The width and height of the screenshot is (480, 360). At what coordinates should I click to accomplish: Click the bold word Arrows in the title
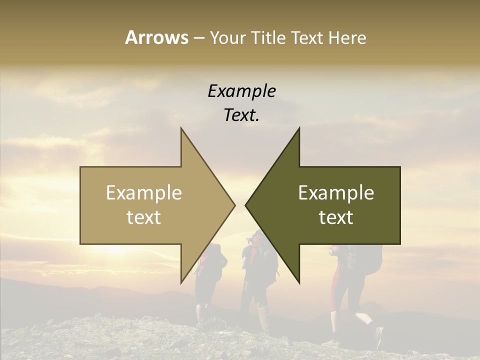point(156,37)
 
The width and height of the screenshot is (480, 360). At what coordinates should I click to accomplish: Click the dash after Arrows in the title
point(198,38)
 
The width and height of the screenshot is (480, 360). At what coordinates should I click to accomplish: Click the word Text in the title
point(306,37)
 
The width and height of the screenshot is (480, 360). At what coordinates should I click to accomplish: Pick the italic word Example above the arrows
point(241,91)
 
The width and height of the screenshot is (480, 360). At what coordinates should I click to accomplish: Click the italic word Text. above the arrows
point(241,115)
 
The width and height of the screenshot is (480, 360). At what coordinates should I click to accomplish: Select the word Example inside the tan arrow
point(144,193)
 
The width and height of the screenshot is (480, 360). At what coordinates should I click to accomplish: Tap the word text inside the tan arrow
point(144,217)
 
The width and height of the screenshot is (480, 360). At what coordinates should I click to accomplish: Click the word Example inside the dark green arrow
point(336,193)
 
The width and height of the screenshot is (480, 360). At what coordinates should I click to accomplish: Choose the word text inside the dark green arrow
point(336,217)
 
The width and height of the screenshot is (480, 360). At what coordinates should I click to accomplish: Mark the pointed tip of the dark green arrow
point(246,204)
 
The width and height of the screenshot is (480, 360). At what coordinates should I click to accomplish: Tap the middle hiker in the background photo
point(257,280)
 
